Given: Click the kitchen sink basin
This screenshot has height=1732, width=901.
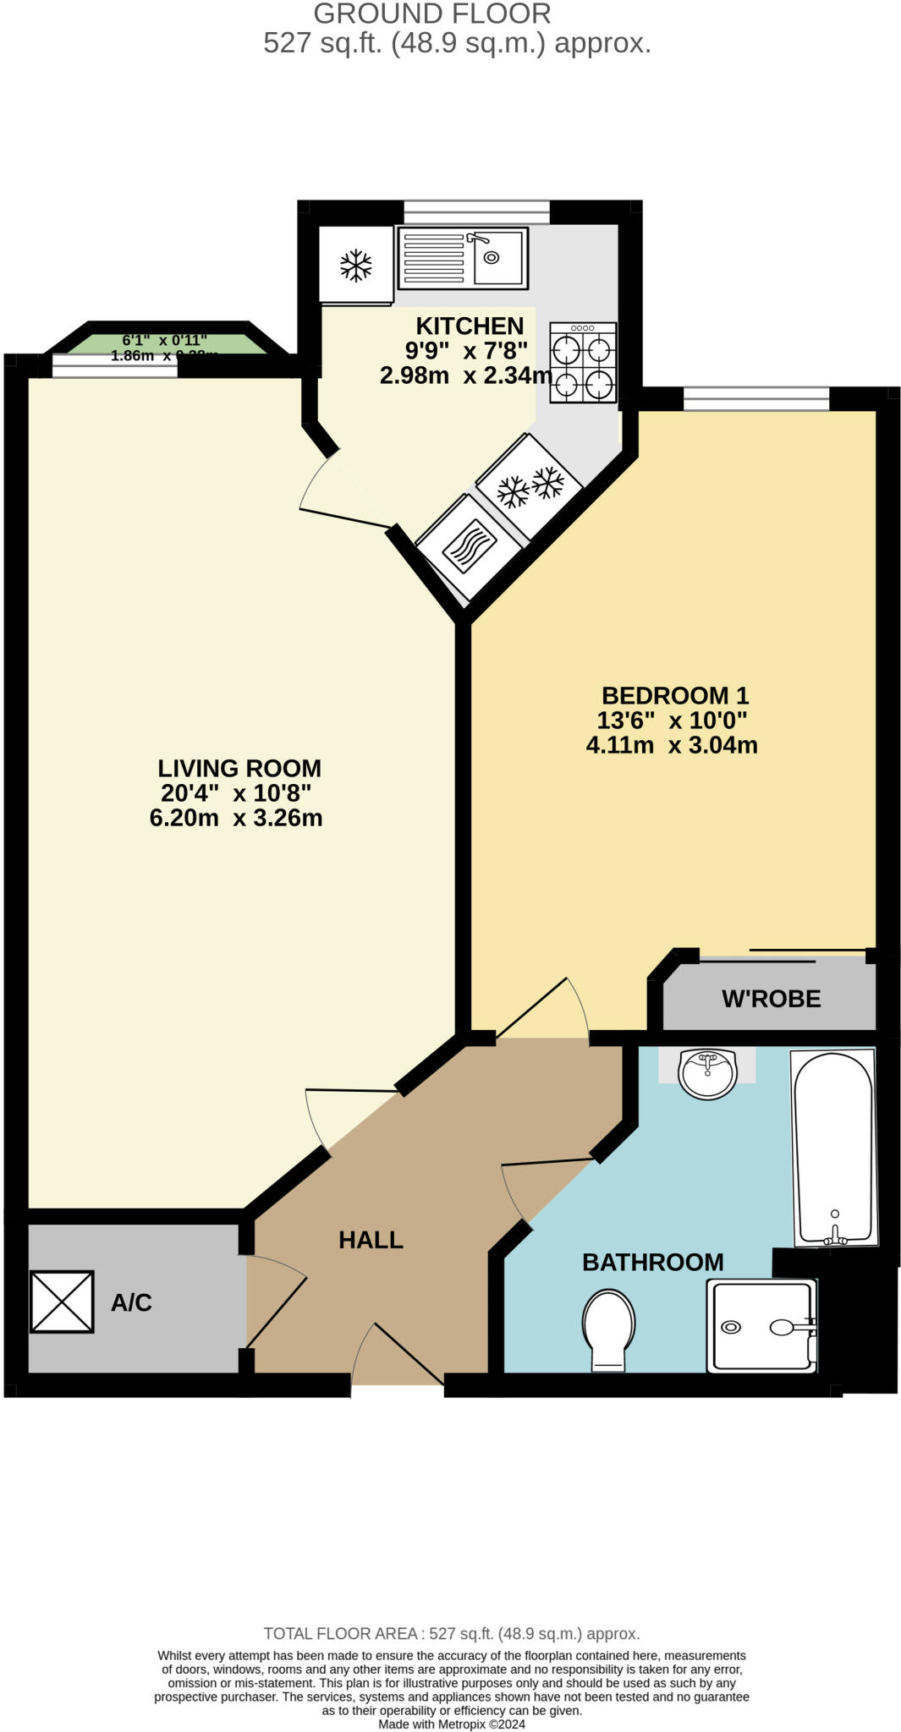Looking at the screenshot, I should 497,258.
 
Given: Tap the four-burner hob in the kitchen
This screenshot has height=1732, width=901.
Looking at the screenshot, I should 582,363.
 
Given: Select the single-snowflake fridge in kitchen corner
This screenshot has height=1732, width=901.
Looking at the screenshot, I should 356,265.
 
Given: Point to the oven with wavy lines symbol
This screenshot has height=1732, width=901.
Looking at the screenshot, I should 468,545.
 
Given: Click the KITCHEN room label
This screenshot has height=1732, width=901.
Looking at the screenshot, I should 470,326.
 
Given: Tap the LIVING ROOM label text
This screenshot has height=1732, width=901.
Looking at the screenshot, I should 239,769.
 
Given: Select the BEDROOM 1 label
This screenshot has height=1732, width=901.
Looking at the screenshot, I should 674,696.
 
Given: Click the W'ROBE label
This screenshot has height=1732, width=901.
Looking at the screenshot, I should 771,999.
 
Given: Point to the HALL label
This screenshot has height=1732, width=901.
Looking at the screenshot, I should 371,1240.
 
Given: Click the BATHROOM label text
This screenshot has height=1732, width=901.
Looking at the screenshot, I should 652,1263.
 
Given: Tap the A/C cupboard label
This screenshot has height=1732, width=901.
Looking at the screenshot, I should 131,1302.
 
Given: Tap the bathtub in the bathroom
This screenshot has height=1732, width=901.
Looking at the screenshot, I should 833,1146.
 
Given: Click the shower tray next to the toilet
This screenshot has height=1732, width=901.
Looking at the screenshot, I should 761,1325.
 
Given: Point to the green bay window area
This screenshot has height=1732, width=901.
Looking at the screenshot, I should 165,345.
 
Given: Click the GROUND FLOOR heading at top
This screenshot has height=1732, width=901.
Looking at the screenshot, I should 432,14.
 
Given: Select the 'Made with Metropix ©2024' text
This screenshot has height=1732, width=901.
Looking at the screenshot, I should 451,1724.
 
